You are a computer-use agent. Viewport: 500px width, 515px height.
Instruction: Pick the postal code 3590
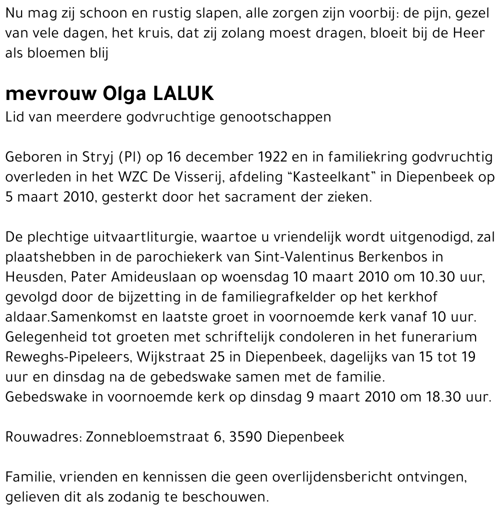tap(245, 437)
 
